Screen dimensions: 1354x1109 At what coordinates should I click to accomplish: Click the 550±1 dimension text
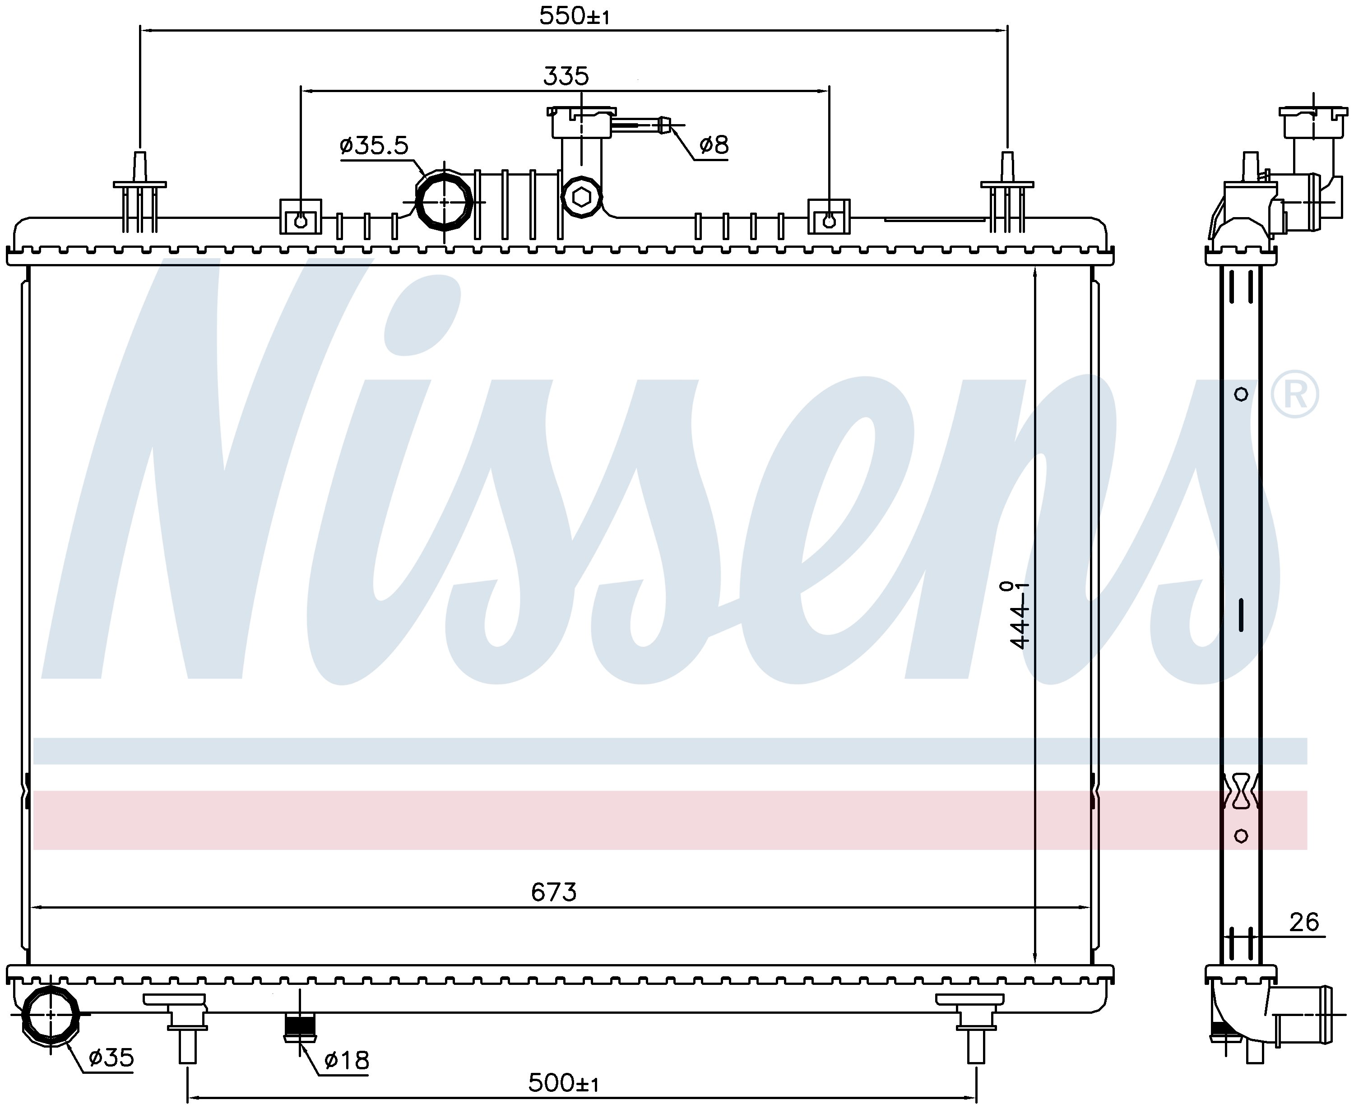(574, 15)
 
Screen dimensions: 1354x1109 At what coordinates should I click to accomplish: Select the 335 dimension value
(566, 76)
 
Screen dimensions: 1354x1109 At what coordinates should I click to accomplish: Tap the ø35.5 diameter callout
(374, 146)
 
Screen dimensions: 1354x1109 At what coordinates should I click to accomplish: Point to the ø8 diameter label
(714, 145)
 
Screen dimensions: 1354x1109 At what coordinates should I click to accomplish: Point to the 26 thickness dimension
(1303, 922)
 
